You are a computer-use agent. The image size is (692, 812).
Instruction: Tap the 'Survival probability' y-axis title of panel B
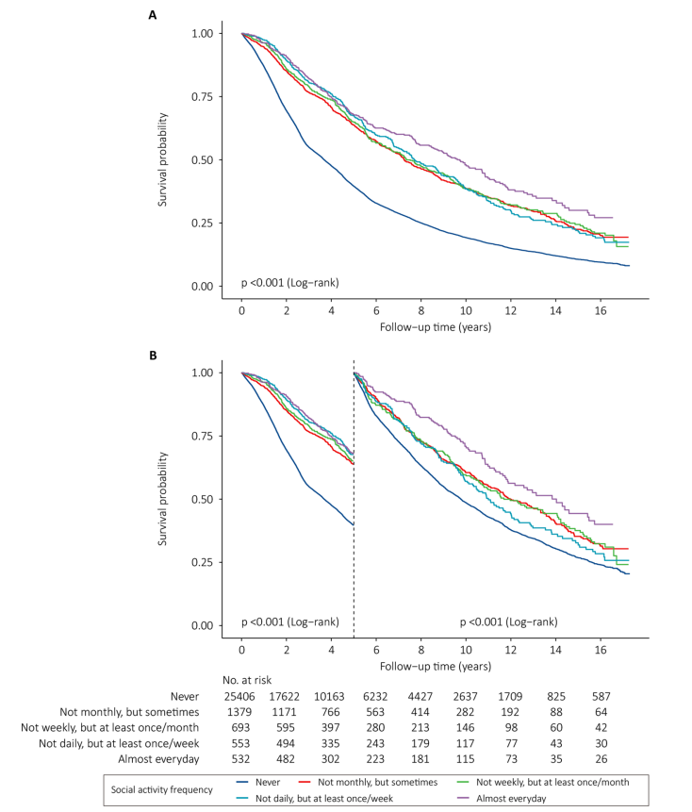162,499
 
